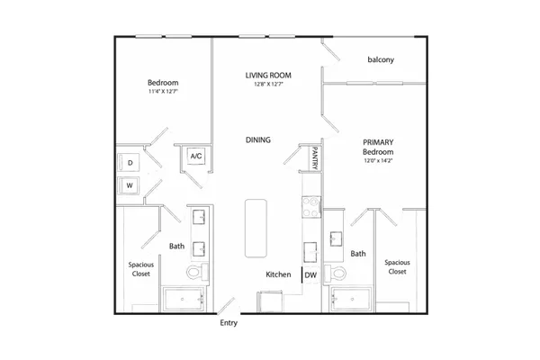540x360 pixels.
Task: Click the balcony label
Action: [x=381, y=59]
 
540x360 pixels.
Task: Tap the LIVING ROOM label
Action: [x=268, y=75]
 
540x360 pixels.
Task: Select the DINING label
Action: [x=258, y=139]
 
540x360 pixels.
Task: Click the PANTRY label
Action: [x=315, y=157]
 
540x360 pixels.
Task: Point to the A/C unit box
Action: [x=196, y=156]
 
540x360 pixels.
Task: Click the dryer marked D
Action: [x=129, y=162]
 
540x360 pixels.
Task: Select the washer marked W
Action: [x=128, y=185]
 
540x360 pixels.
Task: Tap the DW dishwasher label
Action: [x=310, y=274]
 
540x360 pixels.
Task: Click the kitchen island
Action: [x=256, y=228]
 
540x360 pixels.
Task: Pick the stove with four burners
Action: [x=311, y=207]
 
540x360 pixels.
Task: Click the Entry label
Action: [x=229, y=323]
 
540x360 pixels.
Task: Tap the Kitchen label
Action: [x=278, y=274]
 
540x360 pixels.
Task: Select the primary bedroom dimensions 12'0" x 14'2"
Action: [x=378, y=160]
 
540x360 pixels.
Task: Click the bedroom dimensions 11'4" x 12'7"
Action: [x=163, y=91]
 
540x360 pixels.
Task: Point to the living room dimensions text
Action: [x=268, y=84]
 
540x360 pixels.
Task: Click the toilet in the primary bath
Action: [x=336, y=274]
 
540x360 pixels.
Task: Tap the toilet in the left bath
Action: [x=198, y=272]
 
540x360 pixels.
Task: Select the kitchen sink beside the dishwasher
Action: [x=310, y=252]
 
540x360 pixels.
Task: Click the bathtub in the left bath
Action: [x=184, y=299]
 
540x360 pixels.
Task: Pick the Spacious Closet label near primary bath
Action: [x=398, y=267]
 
